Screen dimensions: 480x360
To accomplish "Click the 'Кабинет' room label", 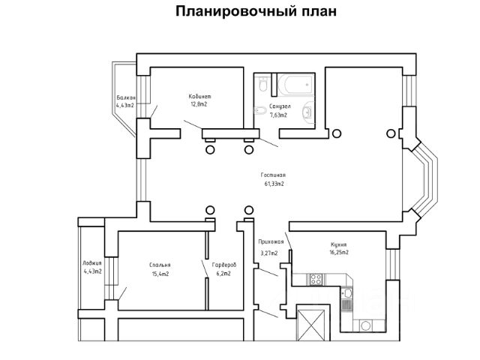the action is pos(199,97).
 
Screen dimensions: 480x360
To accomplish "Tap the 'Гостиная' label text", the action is pos(274,174).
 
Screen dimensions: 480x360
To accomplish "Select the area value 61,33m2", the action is pos(274,183).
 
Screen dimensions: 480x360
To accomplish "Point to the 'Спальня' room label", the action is pos(160,265).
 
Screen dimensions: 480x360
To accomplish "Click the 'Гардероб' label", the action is pos(224,265).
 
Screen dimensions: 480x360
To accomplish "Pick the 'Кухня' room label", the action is pos(339,244).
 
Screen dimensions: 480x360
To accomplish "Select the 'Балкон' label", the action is pos(126,98).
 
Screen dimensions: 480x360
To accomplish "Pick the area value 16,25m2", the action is pos(339,253).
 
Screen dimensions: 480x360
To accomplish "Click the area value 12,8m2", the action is pos(199,105).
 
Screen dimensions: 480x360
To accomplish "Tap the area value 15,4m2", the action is pos(160,274).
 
